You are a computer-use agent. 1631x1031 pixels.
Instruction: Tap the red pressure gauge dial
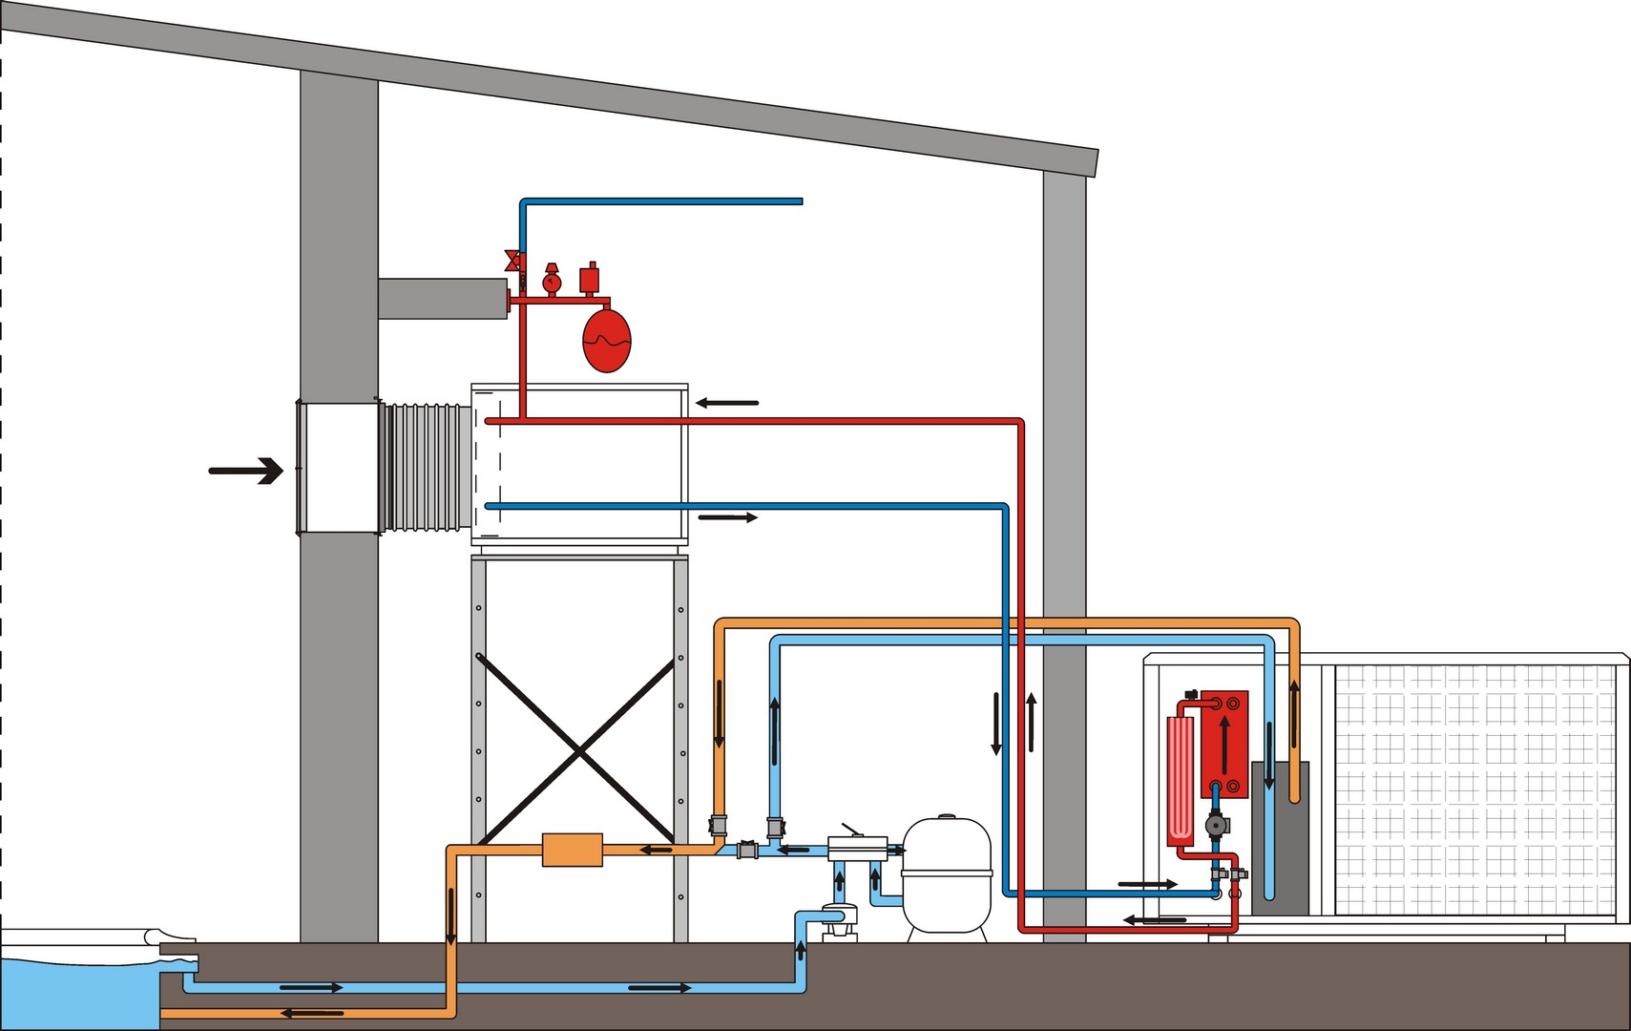[x=552, y=283]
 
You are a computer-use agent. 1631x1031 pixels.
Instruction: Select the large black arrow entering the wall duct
[x=246, y=471]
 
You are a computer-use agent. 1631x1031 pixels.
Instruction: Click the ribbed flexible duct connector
[x=427, y=467]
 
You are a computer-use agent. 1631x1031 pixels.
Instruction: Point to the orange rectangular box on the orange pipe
[x=572, y=850]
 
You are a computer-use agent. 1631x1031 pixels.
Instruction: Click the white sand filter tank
[x=946, y=873]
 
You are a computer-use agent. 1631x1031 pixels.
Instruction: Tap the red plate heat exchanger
[x=1225, y=744]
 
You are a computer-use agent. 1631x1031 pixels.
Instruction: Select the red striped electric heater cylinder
[x=1181, y=781]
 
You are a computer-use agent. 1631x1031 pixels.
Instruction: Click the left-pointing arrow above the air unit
[x=727, y=403]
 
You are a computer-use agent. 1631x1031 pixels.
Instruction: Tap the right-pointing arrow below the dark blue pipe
[x=727, y=517]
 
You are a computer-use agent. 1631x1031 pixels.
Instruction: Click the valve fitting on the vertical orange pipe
[x=719, y=826]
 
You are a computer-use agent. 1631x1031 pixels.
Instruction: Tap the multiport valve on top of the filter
[x=857, y=847]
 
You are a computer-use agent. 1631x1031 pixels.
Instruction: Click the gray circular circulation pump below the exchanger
[x=1216, y=825]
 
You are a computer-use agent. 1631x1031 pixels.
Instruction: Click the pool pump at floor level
[x=838, y=921]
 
